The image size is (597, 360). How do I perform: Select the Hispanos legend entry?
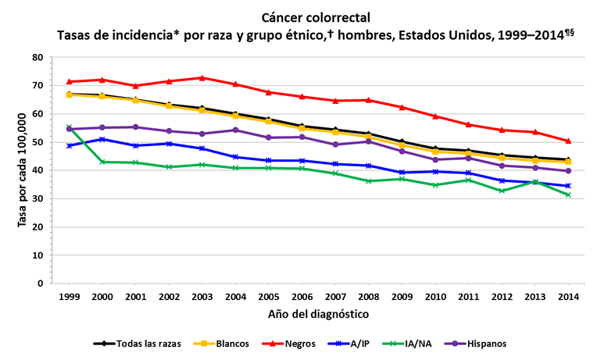479,344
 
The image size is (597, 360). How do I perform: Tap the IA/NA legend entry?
413,344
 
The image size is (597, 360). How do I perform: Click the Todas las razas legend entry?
138,344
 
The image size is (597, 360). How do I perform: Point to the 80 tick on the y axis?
38,58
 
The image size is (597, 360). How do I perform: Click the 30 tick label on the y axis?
38,198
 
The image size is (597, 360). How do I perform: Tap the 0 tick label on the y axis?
40,283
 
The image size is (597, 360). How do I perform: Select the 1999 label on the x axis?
70,298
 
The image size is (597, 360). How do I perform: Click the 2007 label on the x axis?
336,298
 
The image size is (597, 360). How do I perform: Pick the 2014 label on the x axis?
569,298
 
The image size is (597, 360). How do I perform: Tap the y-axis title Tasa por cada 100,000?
21,170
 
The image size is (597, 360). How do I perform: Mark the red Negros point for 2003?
203,78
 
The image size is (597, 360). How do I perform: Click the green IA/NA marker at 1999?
70,127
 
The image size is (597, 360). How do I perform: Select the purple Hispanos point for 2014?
569,171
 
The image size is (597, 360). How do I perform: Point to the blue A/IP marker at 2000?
103,139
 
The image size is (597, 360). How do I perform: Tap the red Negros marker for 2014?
569,141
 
